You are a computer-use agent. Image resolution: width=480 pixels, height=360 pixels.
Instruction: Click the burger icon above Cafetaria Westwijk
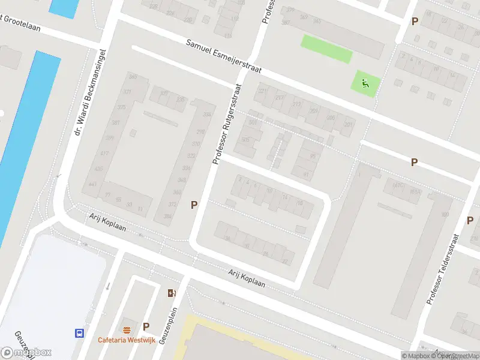[x=127, y=329]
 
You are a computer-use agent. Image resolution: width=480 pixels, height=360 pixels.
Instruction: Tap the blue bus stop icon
[x=79, y=333]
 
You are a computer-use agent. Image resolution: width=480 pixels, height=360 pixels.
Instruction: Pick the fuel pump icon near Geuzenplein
[x=171, y=293]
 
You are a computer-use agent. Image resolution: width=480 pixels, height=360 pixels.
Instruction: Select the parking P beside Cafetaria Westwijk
[x=146, y=327]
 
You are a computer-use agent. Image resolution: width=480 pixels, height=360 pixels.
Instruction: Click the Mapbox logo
[x=26, y=352]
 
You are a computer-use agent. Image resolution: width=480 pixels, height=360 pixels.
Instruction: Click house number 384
[x=168, y=216]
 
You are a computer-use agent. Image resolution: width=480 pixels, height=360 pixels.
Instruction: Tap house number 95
[x=313, y=156]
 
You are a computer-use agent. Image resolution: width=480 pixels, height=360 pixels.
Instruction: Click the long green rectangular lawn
[x=326, y=49]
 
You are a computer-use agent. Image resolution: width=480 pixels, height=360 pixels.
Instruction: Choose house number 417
[x=105, y=154]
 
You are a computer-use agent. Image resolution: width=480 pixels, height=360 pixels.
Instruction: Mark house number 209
[x=313, y=110]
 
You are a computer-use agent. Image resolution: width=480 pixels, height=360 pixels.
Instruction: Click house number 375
[x=122, y=107]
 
